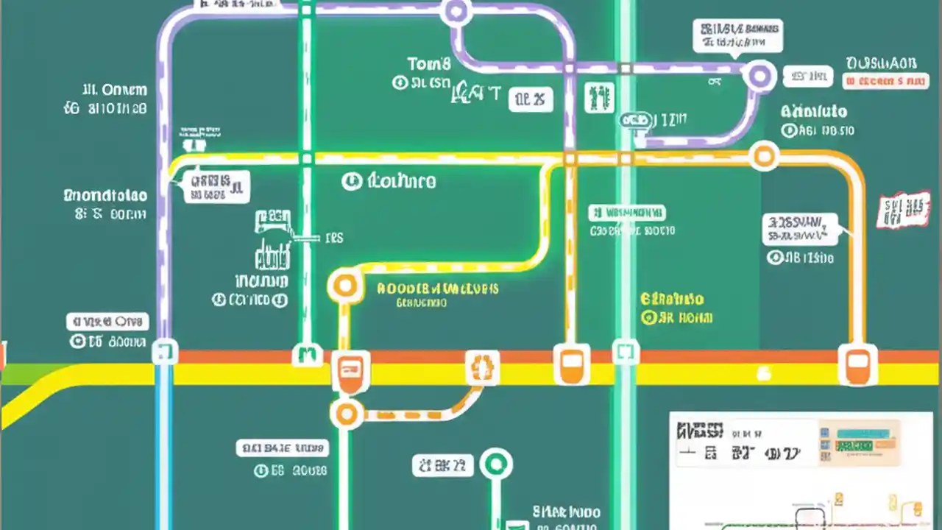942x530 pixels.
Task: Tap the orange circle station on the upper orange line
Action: point(764,155)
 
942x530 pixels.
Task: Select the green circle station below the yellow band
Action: point(496,464)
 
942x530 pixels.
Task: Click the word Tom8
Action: point(428,64)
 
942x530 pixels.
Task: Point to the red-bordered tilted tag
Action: point(903,209)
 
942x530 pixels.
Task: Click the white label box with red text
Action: point(884,81)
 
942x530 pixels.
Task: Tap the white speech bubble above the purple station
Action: point(737,35)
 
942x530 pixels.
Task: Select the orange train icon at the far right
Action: point(857,364)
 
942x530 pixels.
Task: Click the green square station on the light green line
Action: point(626,353)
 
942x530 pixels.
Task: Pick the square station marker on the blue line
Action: point(164,351)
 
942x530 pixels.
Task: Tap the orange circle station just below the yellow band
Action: point(347,414)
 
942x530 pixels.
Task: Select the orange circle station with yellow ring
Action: point(344,284)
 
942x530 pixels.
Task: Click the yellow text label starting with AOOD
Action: point(437,289)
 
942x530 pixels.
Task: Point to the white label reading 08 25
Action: point(531,99)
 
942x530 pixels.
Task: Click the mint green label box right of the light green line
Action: point(627,213)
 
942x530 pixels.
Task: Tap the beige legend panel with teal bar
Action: point(859,441)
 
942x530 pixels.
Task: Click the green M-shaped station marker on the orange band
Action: point(308,355)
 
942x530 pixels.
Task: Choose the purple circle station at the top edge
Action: point(456,11)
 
